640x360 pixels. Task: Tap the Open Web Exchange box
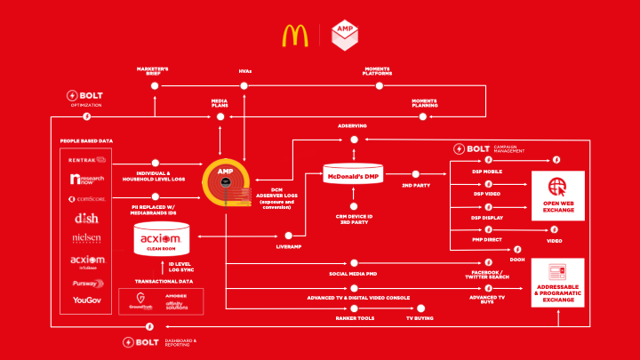pyautogui.click(x=557, y=194)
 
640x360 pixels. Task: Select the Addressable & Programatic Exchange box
pyautogui.click(x=557, y=283)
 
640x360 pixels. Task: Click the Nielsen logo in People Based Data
pyautogui.click(x=88, y=238)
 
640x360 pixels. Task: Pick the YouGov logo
pyautogui.click(x=88, y=300)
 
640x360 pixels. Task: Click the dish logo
pyautogui.click(x=88, y=218)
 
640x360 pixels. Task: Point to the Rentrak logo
pyautogui.click(x=88, y=160)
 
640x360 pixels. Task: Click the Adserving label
pyautogui.click(x=352, y=126)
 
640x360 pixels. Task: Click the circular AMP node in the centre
pyautogui.click(x=225, y=181)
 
